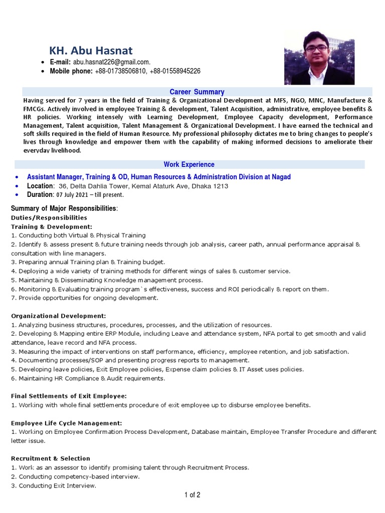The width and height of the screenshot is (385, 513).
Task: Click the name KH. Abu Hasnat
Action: [91, 50]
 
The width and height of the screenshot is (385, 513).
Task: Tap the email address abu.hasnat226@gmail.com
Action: [111, 62]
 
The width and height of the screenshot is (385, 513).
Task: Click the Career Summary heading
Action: [197, 92]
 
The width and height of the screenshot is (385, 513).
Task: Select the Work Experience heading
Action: [189, 164]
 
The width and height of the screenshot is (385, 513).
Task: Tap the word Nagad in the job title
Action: [280, 177]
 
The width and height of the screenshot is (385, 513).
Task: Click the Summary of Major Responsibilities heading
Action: [64, 208]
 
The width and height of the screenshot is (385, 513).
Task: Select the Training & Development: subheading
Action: [52, 226]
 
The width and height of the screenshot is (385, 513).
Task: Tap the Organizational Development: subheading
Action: [59, 316]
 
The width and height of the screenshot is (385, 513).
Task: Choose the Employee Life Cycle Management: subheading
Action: [66, 423]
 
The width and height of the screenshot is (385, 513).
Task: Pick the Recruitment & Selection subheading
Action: [50, 458]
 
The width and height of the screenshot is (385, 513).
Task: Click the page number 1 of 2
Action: [192, 495]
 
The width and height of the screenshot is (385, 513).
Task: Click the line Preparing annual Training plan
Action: [88, 262]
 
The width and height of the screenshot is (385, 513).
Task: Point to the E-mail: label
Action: [61, 62]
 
